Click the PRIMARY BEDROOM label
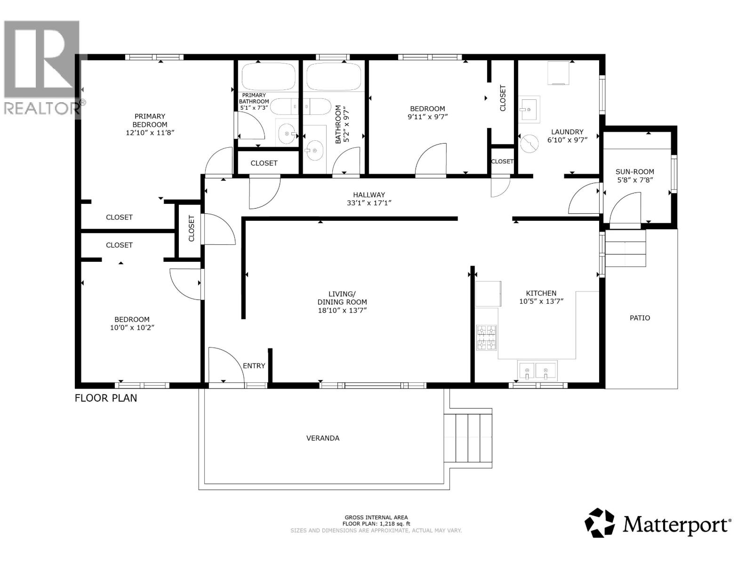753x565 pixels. click(150, 121)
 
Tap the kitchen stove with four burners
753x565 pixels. click(487, 337)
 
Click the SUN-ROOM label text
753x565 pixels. click(634, 172)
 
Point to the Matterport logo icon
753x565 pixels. click(600, 523)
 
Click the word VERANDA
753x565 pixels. click(323, 438)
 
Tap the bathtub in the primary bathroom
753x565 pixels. click(269, 76)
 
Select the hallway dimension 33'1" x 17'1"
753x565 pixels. click(369, 203)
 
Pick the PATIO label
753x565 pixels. click(640, 318)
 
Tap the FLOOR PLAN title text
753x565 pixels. click(106, 398)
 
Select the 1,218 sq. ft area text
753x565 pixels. click(376, 524)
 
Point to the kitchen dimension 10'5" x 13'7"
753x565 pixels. click(541, 301)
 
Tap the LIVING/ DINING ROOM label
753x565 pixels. click(342, 302)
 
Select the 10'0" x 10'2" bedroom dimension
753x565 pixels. click(132, 328)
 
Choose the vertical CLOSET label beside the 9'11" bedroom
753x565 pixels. click(503, 98)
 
